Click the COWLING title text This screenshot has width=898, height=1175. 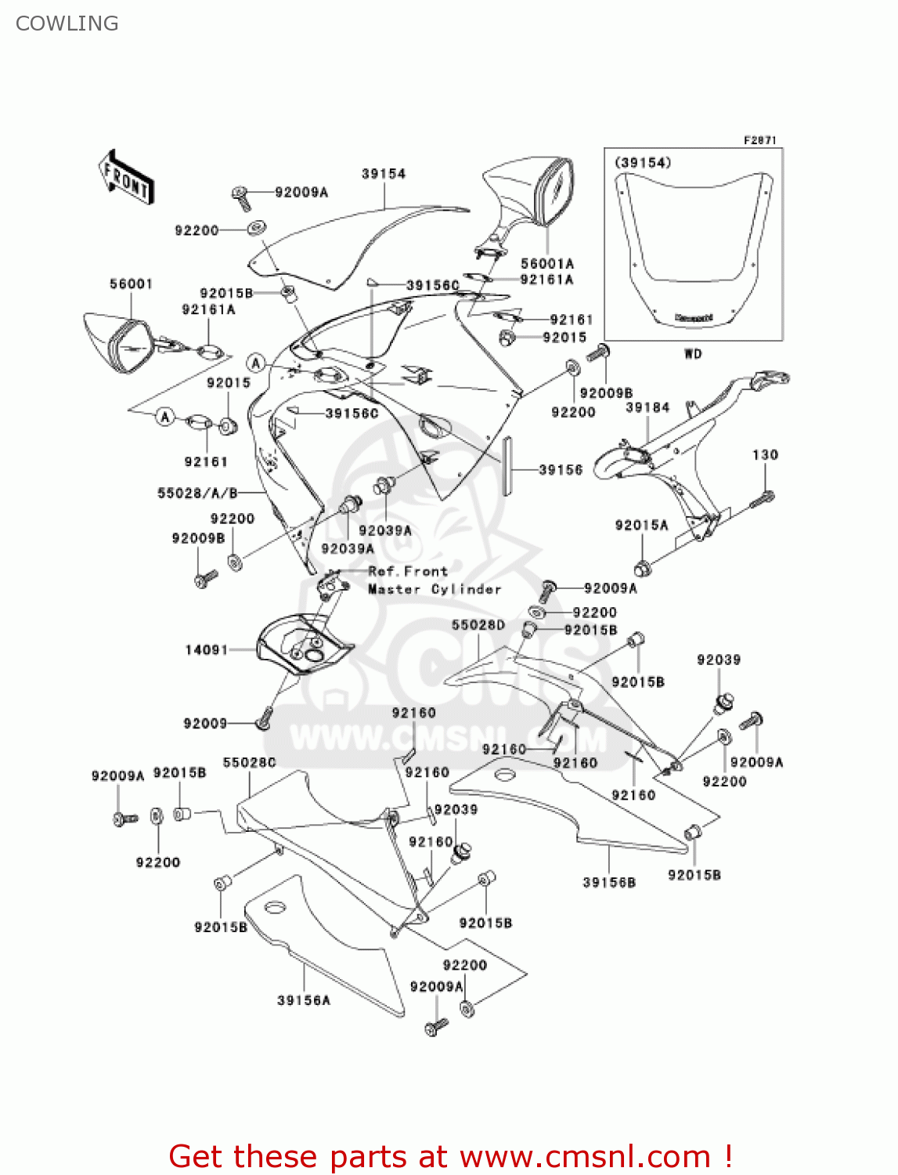67,23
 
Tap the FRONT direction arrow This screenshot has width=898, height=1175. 125,178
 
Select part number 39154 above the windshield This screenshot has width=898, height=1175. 384,174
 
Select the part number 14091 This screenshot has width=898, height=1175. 206,649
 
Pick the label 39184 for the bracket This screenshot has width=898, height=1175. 647,407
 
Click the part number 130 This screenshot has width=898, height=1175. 765,454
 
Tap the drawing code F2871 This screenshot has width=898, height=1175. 759,140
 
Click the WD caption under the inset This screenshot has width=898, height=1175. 693,354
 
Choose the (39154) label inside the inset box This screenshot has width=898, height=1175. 643,162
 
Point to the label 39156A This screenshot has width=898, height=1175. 304,1000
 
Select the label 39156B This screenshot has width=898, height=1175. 609,882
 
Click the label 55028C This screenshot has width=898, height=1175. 249,762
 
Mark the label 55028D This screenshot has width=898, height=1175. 478,624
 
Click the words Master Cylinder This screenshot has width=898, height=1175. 435,589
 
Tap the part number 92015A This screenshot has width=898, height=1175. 641,525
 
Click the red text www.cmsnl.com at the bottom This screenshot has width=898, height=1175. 584,1156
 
